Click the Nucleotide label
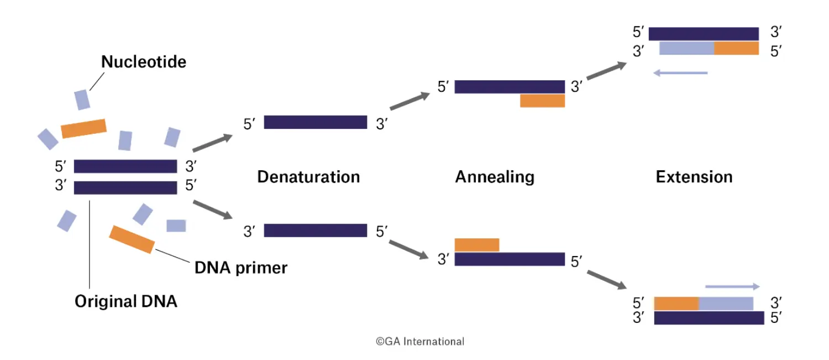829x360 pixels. (144, 62)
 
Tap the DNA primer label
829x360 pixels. (241, 268)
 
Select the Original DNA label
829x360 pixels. (126, 301)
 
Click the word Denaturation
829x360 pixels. (308, 177)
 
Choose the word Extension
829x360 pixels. (694, 177)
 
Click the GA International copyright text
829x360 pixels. (420, 341)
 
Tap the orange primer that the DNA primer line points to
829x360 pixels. (132, 239)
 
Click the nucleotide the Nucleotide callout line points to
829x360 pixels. (82, 100)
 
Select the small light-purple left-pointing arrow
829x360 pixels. (680, 73)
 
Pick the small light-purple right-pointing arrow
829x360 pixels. (732, 286)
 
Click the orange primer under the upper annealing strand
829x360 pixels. (543, 101)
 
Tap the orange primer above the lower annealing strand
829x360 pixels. (477, 245)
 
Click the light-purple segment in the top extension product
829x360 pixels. (687, 49)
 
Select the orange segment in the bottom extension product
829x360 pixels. (676, 304)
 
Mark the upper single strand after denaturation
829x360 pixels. (316, 122)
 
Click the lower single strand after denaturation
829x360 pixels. (316, 231)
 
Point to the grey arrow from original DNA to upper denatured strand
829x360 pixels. (212, 143)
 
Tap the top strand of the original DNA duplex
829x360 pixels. (125, 166)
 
